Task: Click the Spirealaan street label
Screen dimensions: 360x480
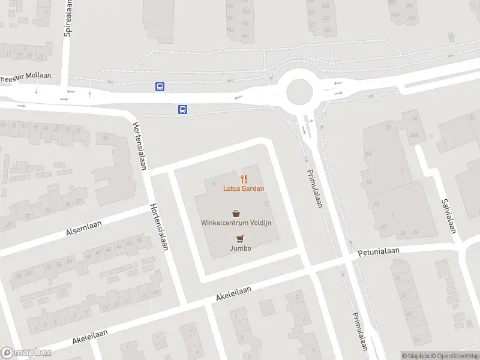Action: coord(68,18)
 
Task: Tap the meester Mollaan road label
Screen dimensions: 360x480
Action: coord(26,76)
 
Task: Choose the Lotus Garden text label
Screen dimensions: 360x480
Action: coord(244,188)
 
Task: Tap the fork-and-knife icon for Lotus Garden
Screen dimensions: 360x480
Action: coord(244,179)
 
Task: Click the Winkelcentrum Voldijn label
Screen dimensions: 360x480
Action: coord(236,223)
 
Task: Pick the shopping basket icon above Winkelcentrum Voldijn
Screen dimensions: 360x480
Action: coord(236,213)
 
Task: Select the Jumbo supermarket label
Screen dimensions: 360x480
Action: coord(240,248)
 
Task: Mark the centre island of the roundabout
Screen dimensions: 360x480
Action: coord(299,92)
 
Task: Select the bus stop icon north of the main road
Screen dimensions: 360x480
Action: coord(160,86)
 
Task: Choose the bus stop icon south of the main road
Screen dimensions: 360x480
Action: coord(182,109)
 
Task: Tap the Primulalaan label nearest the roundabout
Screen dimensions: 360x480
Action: coord(314,187)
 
